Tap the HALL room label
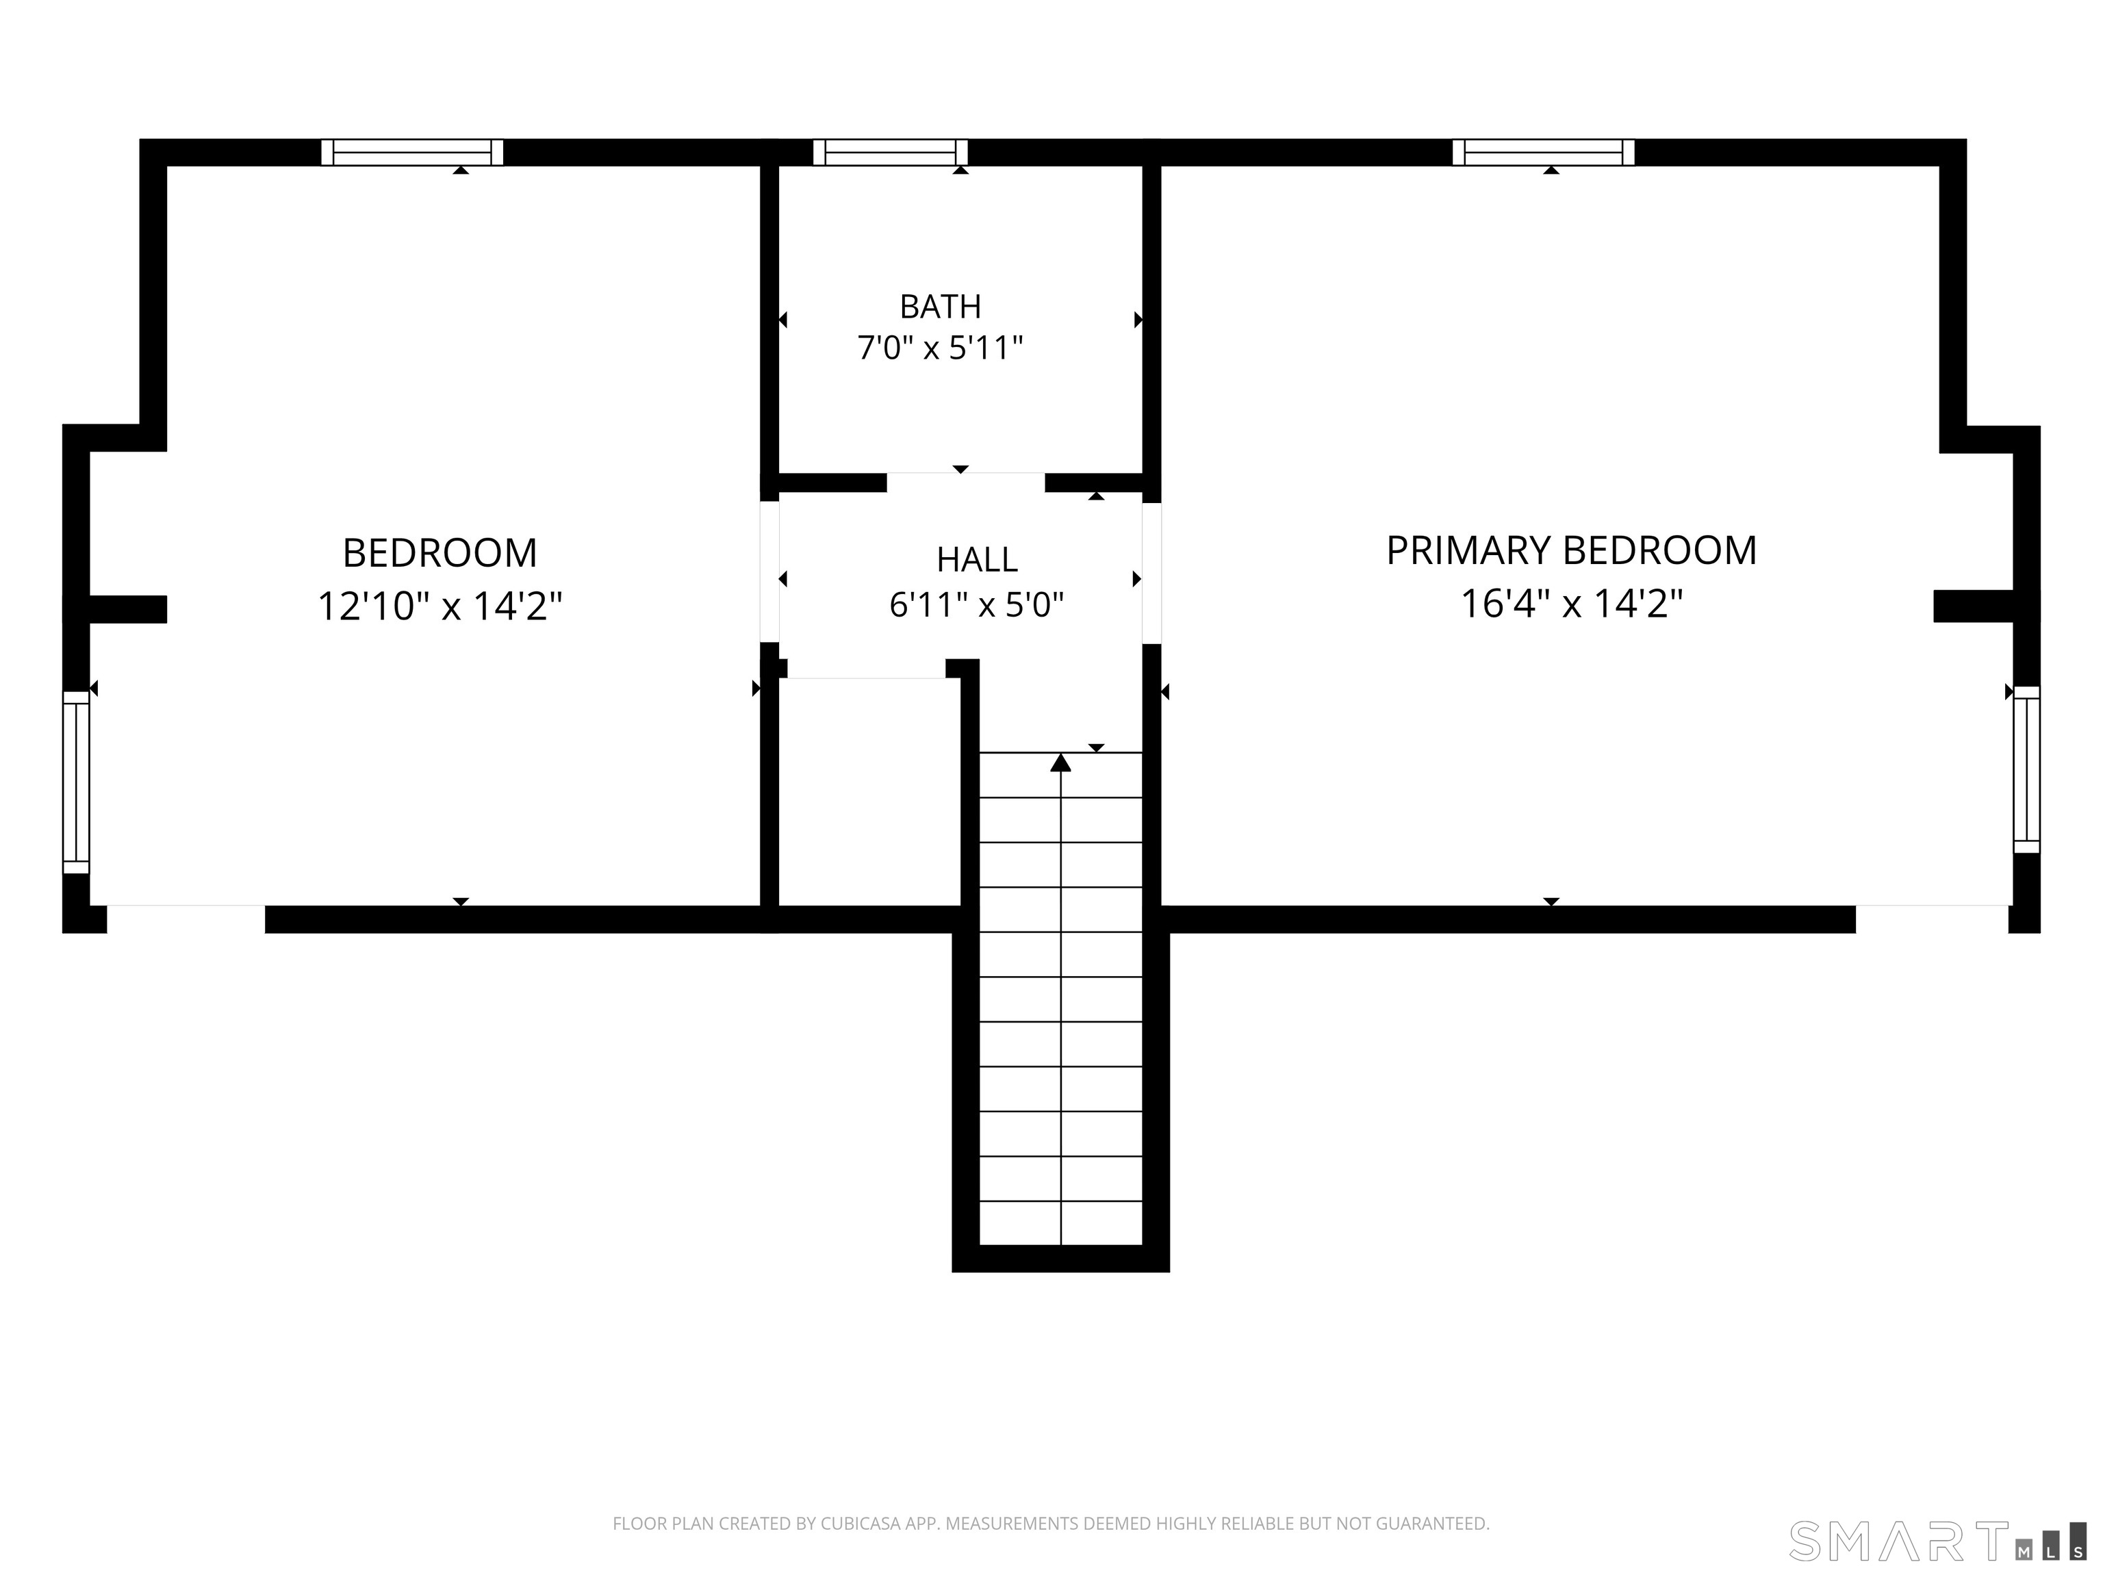976,560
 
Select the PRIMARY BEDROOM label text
1570,550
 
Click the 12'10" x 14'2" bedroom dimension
439,606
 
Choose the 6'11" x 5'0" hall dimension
976,604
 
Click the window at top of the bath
890,152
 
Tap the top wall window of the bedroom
411,152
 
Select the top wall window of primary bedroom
1543,152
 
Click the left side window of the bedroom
76,782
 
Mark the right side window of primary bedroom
2027,769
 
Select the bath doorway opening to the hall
966,482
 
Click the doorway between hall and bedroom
769,572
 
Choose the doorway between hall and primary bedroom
1151,573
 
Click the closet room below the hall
869,792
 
